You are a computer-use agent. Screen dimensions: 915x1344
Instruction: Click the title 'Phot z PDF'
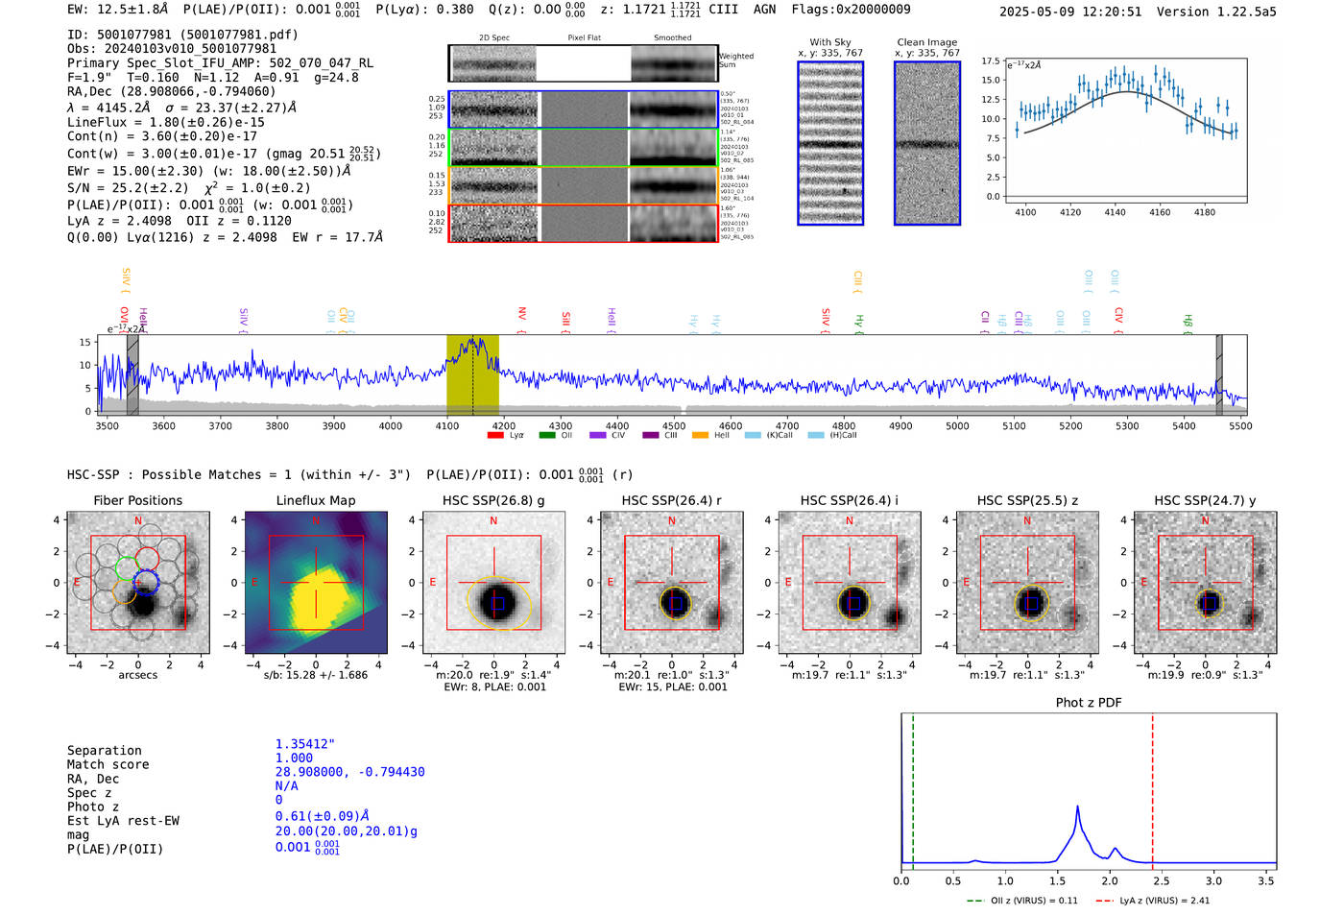click(1088, 703)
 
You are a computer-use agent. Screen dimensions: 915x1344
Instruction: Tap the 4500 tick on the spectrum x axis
click(674, 425)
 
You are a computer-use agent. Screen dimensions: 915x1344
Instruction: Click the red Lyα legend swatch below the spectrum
click(495, 436)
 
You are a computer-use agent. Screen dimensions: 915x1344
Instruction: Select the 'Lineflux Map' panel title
click(315, 500)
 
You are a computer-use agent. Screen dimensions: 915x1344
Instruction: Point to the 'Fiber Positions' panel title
click(137, 500)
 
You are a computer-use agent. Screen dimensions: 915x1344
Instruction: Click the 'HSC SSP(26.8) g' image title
click(493, 500)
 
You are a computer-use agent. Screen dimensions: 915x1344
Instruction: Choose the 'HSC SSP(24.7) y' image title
click(1205, 500)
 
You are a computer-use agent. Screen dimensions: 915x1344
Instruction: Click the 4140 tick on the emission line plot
click(1115, 212)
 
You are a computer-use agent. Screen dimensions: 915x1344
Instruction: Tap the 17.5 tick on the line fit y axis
click(991, 60)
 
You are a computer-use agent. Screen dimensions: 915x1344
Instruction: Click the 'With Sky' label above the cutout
click(829, 42)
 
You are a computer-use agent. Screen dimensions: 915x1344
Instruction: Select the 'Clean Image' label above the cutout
click(926, 42)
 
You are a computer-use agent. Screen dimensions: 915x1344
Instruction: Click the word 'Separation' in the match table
click(104, 751)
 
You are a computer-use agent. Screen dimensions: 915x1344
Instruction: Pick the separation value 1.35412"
click(304, 744)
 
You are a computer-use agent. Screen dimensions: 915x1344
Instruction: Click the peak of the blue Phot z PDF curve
click(1077, 807)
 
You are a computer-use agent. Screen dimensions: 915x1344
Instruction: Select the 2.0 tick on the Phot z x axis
click(1109, 880)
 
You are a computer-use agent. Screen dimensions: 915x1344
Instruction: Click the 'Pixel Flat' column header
click(584, 38)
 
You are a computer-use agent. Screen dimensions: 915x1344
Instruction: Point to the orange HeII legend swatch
click(700, 436)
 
